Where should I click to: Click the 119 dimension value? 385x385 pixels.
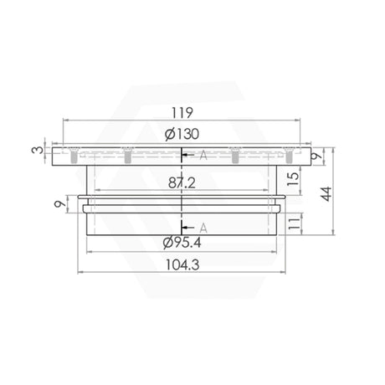coord(182,112)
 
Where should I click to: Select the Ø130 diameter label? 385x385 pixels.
coord(182,134)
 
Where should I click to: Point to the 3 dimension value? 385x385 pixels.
coord(38,150)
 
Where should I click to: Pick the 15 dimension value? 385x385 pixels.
coord(293,179)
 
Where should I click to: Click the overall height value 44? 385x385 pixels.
coord(326,193)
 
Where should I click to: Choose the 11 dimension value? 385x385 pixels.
coord(295,223)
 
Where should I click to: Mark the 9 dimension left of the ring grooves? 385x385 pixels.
coord(59,204)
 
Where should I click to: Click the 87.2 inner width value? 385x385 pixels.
coord(182,183)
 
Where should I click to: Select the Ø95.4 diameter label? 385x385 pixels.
coord(182,243)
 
